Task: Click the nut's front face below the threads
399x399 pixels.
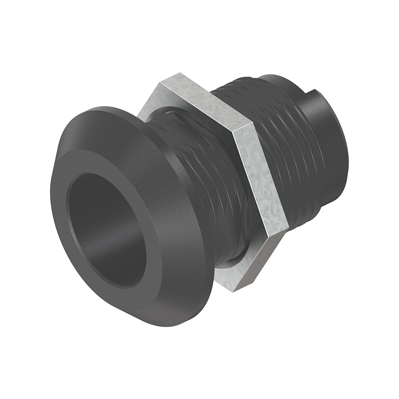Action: pyautogui.click(x=229, y=277)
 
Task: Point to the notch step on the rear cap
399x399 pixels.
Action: pyautogui.click(x=312, y=92)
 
